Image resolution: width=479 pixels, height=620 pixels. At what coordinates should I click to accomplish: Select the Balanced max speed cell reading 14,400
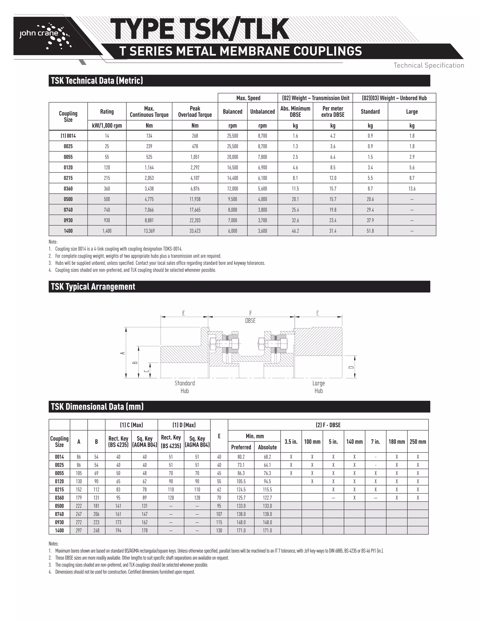coord(232,178)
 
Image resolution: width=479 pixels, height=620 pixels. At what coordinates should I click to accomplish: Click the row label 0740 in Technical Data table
coord(68,210)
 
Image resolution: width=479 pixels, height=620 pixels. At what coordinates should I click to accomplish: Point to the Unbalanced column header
coord(262,112)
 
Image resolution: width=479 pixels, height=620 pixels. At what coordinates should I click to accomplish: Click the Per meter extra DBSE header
coord(333,112)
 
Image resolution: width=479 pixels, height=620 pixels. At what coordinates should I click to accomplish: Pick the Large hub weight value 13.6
coord(411,189)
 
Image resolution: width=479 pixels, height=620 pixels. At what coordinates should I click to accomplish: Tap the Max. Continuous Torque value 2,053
coord(149,178)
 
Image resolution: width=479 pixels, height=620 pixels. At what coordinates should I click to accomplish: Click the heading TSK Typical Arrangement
coord(93,287)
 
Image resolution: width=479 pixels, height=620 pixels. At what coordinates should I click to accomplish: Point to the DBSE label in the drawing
coord(250,321)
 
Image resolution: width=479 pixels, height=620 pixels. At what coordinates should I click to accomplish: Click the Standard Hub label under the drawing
coord(185,387)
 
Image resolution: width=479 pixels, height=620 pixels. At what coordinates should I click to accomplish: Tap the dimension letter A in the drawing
coord(123,353)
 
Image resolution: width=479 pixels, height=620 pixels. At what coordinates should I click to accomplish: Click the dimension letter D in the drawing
coord(351,367)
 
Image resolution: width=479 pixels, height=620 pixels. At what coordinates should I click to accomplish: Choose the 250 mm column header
coord(418,442)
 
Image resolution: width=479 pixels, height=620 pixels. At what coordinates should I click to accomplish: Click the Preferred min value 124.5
coord(241,489)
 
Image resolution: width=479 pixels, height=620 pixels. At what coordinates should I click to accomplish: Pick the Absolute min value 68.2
coord(267,457)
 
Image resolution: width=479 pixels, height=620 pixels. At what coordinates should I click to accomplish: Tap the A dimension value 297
coord(79,530)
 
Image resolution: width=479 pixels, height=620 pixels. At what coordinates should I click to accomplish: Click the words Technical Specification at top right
coord(428,66)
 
